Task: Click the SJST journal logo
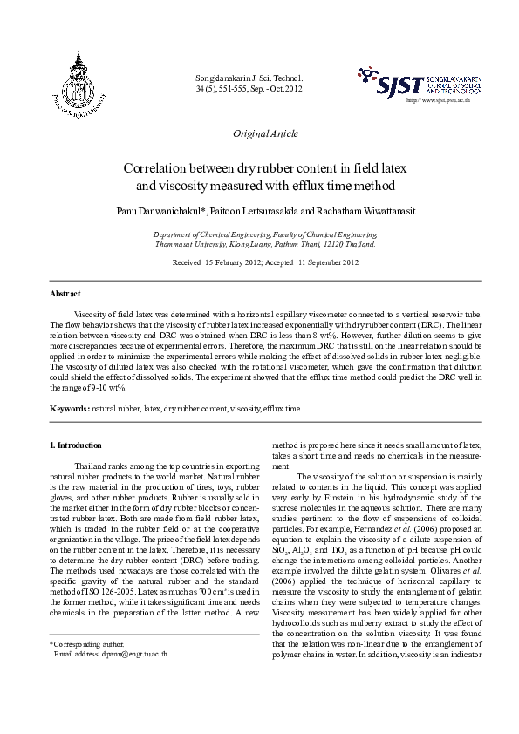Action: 420,84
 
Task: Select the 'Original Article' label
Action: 265,133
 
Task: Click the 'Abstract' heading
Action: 65,296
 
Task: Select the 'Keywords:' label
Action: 70,408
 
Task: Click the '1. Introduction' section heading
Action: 77,445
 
